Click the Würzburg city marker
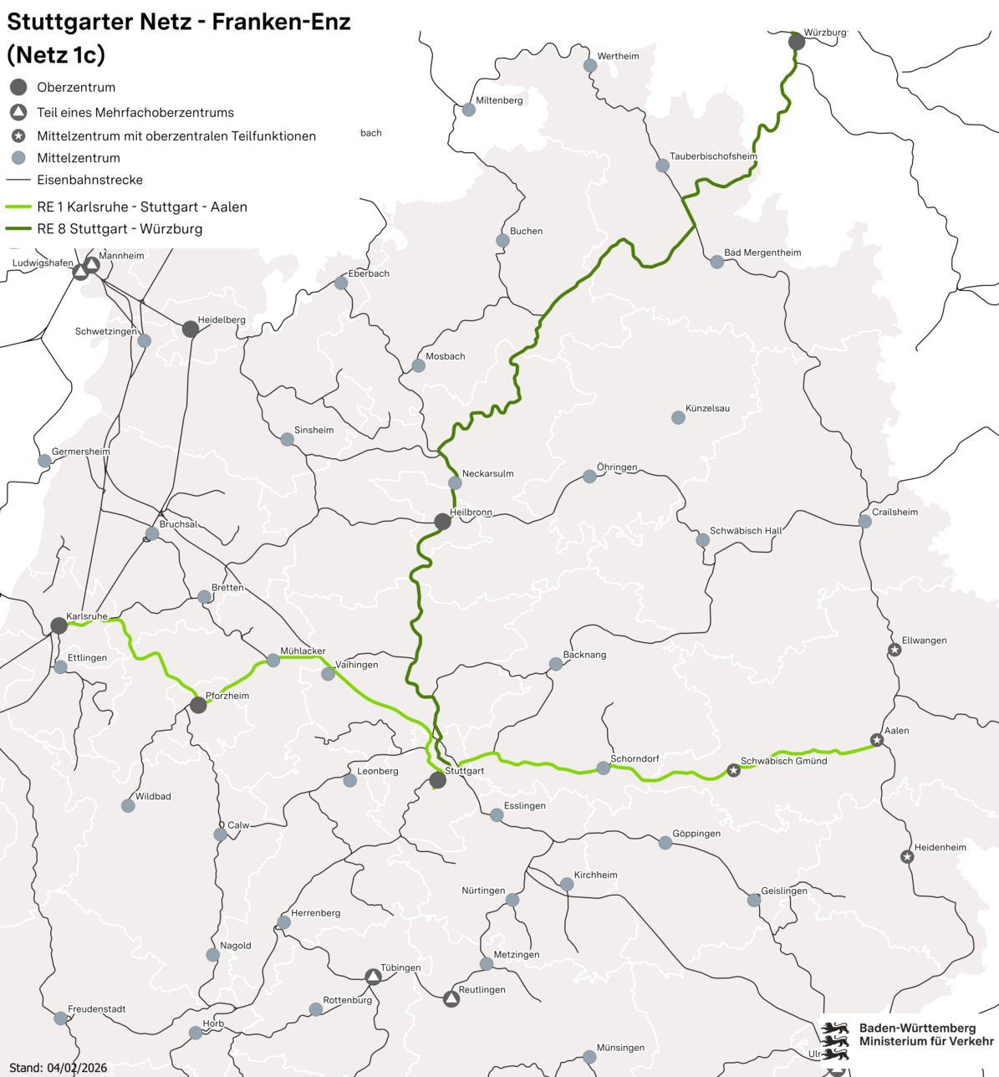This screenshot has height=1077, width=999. click(797, 41)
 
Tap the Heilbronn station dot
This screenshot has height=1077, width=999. click(442, 522)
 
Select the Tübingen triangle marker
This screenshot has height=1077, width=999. click(374, 977)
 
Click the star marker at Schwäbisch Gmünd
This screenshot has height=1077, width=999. click(733, 770)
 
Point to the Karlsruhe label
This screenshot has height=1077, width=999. click(87, 616)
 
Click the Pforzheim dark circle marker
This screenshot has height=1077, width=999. click(198, 705)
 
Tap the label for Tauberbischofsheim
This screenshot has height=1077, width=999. click(713, 156)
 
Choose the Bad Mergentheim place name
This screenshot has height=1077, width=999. click(762, 253)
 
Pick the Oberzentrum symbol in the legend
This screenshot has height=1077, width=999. click(18, 87)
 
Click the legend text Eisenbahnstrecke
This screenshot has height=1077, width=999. click(89, 180)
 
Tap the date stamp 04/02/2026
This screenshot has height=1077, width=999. click(77, 1068)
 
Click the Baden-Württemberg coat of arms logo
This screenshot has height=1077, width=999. click(835, 1040)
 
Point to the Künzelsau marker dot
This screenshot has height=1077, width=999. click(678, 417)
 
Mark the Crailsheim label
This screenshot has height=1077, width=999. click(895, 512)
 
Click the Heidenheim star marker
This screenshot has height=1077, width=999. click(907, 856)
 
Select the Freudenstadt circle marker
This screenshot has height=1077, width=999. click(60, 1018)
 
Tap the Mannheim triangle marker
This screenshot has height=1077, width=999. click(92, 265)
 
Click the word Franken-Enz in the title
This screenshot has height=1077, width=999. click(281, 23)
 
